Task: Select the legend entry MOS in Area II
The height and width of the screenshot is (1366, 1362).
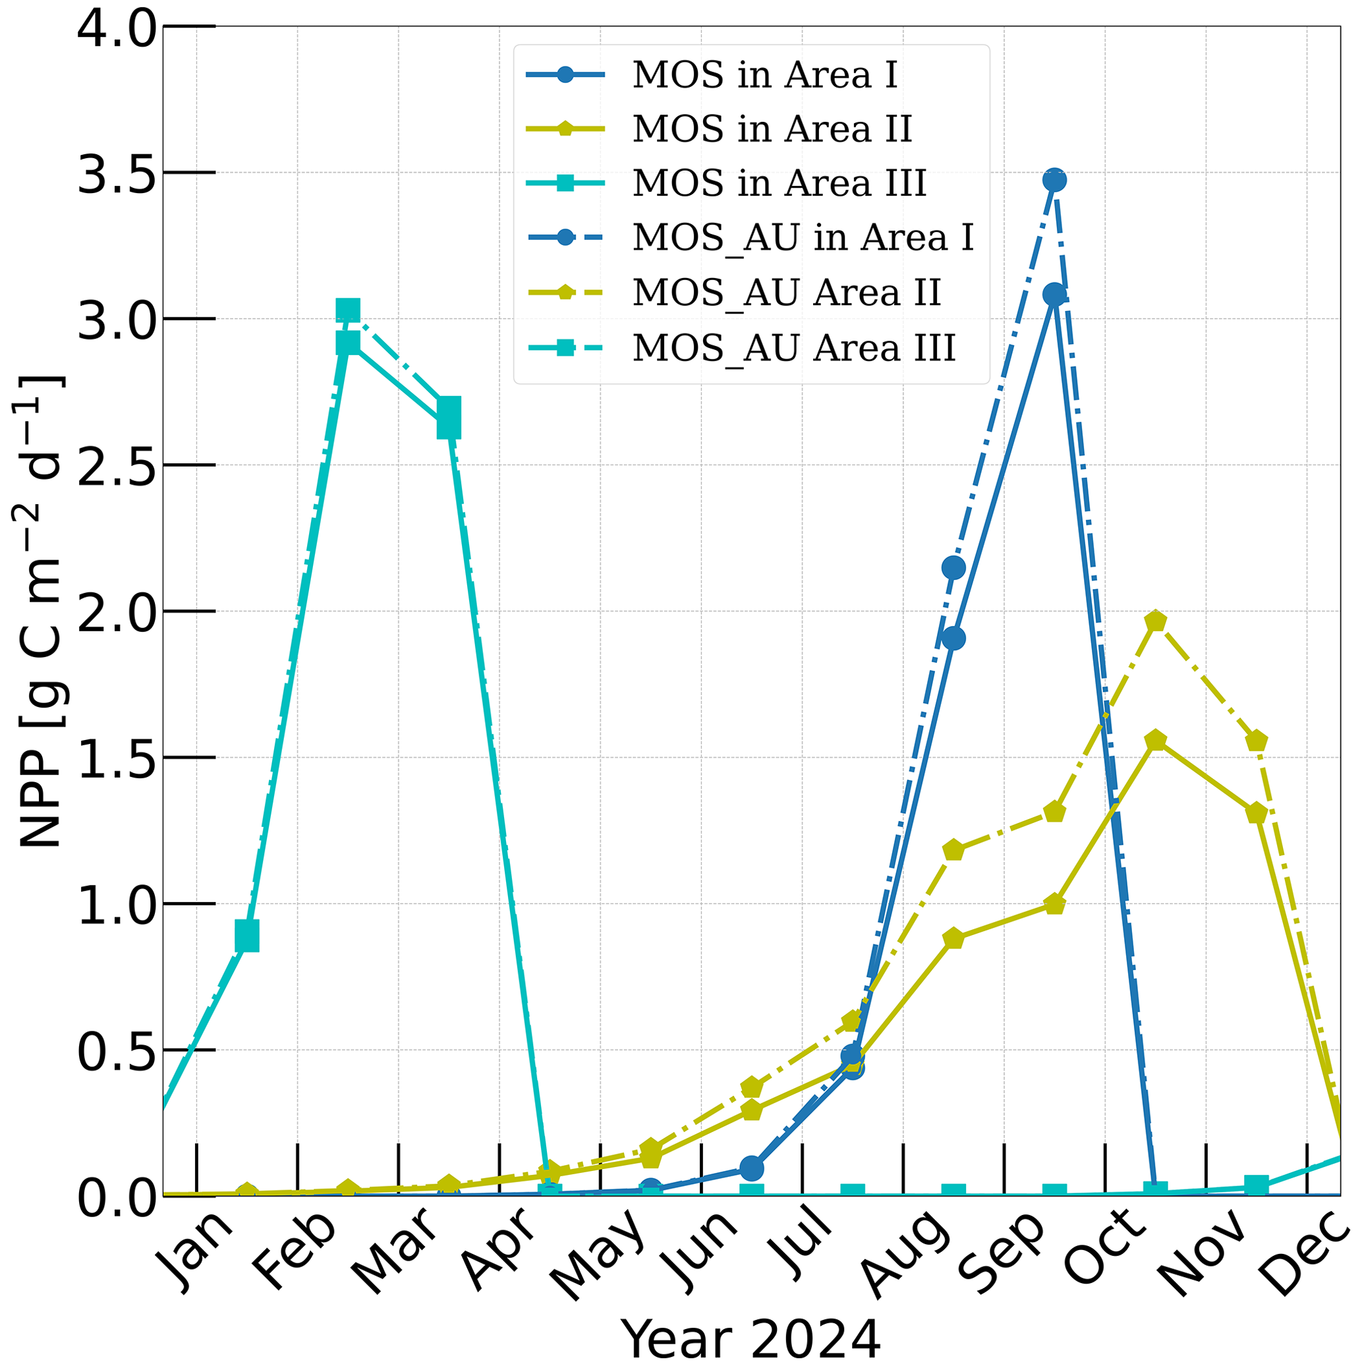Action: coord(772,129)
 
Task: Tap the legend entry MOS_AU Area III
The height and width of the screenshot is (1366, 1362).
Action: coord(793,348)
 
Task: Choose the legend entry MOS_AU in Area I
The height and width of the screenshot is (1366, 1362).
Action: coord(803,239)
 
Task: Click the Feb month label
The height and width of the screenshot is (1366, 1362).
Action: coord(294,1249)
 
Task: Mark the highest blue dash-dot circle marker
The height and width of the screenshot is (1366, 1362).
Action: coord(1054,181)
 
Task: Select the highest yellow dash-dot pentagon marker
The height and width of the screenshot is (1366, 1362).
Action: coord(1156,622)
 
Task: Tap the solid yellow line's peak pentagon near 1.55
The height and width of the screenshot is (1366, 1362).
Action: coord(1156,741)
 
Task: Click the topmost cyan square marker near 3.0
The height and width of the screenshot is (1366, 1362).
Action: coord(348,310)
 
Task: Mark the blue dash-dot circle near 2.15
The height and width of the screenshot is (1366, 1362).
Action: coord(953,567)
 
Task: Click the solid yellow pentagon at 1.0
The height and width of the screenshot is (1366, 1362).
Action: coord(1054,904)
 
